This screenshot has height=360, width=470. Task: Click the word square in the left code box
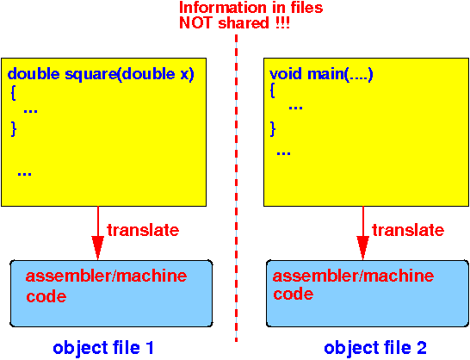click(91, 75)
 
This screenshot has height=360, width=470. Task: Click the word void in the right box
click(286, 73)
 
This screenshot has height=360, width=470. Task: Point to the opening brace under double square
click(13, 94)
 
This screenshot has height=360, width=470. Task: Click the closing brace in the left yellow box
click(14, 129)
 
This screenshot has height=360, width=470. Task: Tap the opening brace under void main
click(272, 90)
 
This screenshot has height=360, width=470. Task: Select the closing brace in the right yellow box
click(273, 129)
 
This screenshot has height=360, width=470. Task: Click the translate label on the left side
click(143, 230)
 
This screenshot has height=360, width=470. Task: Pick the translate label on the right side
click(408, 230)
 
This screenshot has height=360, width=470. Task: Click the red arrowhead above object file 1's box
click(98, 247)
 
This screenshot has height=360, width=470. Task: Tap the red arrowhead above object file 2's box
click(362, 247)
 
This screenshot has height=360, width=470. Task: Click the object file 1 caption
click(103, 348)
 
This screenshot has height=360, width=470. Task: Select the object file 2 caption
click(375, 348)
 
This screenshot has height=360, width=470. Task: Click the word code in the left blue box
click(46, 296)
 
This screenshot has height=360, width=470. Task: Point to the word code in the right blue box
click(294, 294)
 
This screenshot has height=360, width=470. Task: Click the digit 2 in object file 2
click(421, 348)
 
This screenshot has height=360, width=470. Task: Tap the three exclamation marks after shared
click(283, 23)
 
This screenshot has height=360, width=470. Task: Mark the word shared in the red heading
click(244, 23)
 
